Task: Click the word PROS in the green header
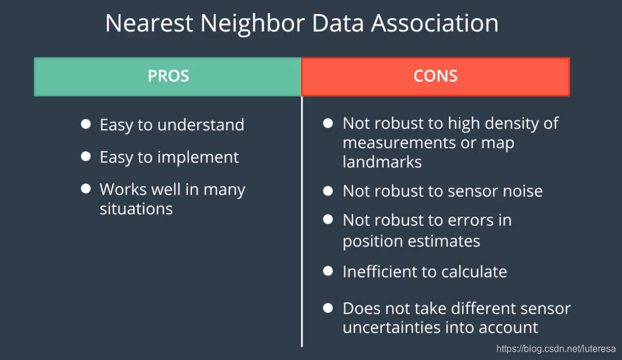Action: pyautogui.click(x=168, y=76)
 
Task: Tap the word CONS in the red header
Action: pyautogui.click(x=435, y=76)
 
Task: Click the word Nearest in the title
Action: pyautogui.click(x=149, y=23)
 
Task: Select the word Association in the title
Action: pyautogui.click(x=435, y=23)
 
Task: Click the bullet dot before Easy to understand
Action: pyautogui.click(x=86, y=124)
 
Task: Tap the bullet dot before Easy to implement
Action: pyautogui.click(x=86, y=156)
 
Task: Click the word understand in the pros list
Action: pyautogui.click(x=201, y=125)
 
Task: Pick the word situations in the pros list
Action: pyautogui.click(x=136, y=208)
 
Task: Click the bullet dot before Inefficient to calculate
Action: pyautogui.click(x=328, y=271)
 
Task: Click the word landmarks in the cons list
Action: pyautogui.click(x=383, y=162)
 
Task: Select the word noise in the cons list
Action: pyautogui.click(x=523, y=191)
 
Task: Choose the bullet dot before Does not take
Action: pyautogui.click(x=328, y=308)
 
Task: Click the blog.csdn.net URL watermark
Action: pyautogui.click(x=556, y=349)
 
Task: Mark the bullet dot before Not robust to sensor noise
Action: pyautogui.click(x=328, y=191)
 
